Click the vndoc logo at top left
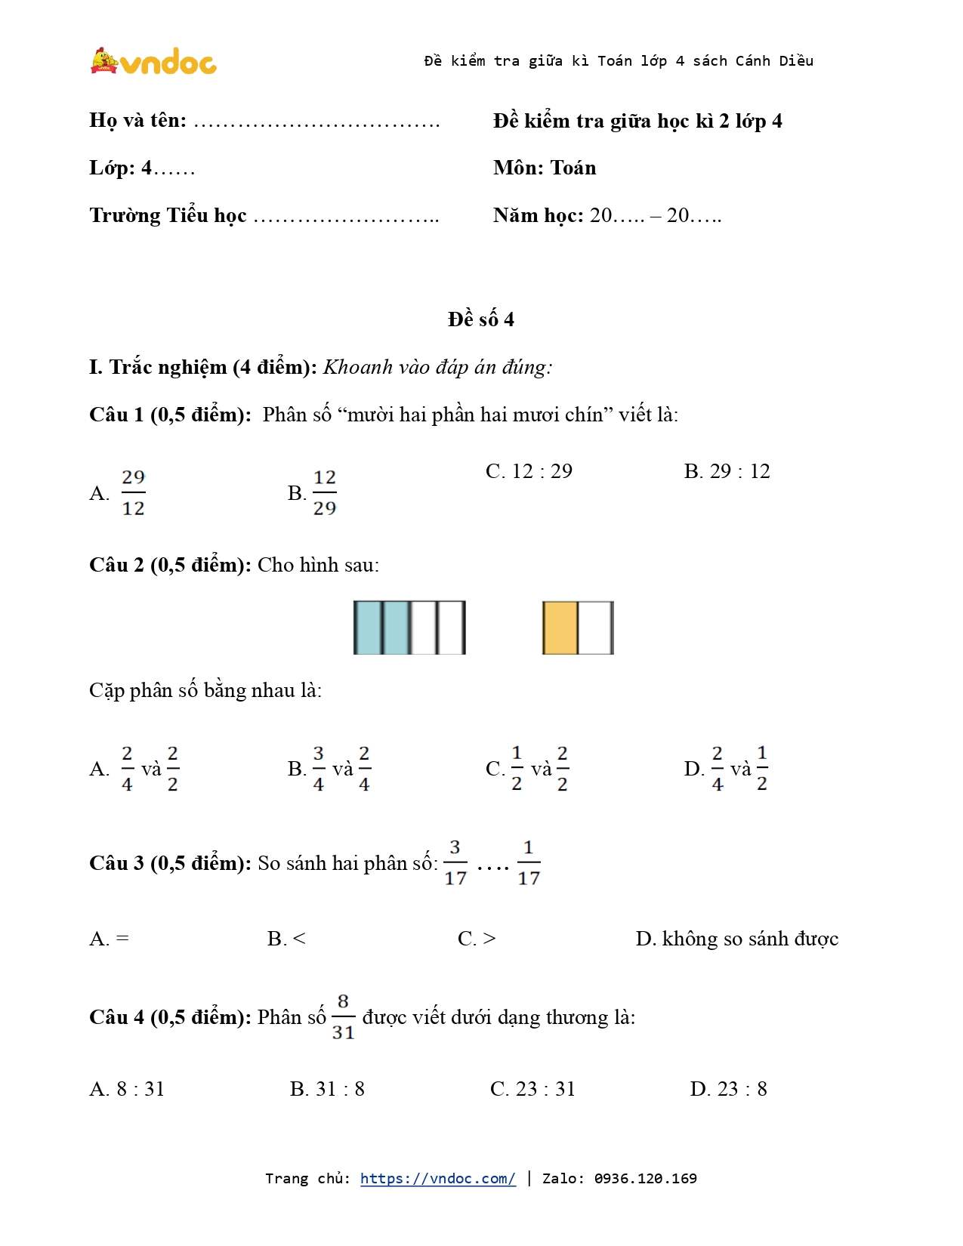(153, 61)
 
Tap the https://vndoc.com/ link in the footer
(437, 1178)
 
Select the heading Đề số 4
(480, 319)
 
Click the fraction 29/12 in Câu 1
(133, 492)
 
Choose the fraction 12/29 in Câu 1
(324, 492)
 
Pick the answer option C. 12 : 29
(529, 471)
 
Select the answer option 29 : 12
(727, 471)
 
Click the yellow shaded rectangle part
(560, 628)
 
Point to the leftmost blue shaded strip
(368, 628)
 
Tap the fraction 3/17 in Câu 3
(455, 862)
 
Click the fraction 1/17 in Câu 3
(528, 862)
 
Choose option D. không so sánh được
(736, 939)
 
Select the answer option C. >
(477, 939)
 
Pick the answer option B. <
(286, 939)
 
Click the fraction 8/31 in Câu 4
(343, 1016)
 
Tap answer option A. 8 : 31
(127, 1089)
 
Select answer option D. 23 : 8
(728, 1089)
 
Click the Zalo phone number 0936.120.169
(645, 1178)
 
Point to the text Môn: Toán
(545, 168)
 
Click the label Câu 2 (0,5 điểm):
(170, 565)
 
